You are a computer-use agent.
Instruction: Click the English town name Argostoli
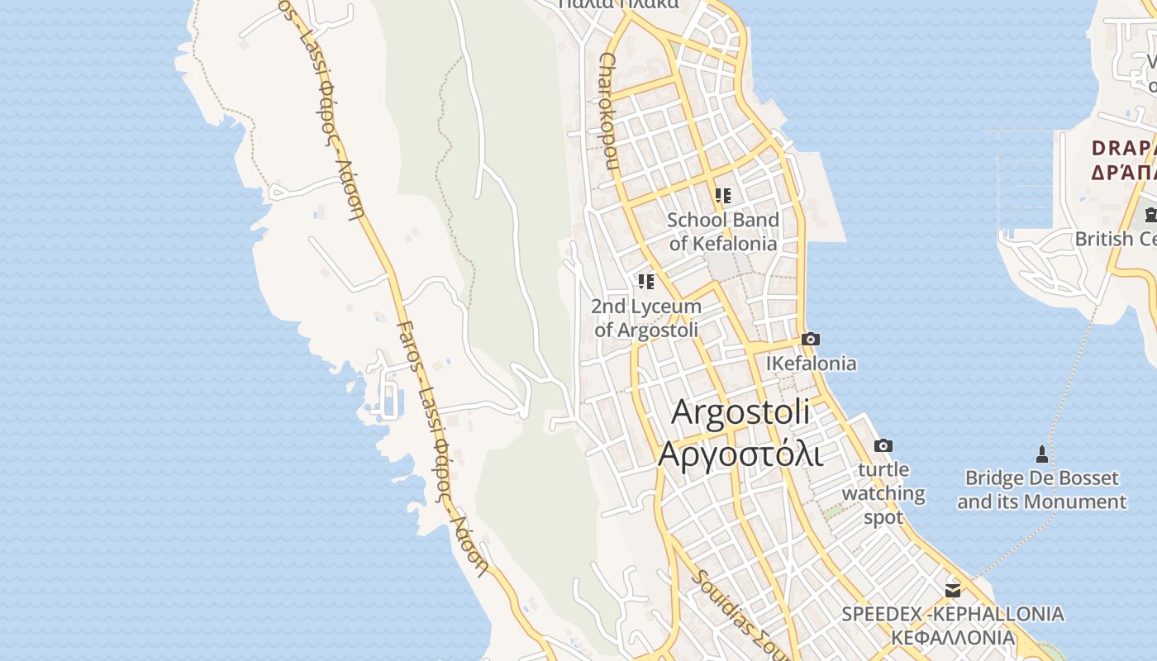point(740,411)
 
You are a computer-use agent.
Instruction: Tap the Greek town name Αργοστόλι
point(740,454)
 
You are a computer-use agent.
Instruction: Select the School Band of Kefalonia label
point(723,231)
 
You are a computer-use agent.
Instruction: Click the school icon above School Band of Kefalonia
point(723,196)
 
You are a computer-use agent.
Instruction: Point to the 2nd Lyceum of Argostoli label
point(646,317)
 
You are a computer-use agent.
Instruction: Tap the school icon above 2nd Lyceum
point(646,282)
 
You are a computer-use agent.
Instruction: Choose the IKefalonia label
point(811,364)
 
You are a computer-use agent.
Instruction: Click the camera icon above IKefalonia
point(811,340)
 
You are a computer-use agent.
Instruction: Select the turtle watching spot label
point(883,493)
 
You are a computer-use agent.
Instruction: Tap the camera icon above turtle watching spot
point(883,446)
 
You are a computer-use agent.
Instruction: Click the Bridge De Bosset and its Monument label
point(1041,490)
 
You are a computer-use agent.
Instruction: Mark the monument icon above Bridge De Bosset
point(1041,454)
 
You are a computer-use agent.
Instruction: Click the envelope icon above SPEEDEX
point(953,590)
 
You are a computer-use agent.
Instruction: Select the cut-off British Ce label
point(1115,239)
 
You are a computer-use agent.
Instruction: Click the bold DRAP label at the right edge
point(1122,149)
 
